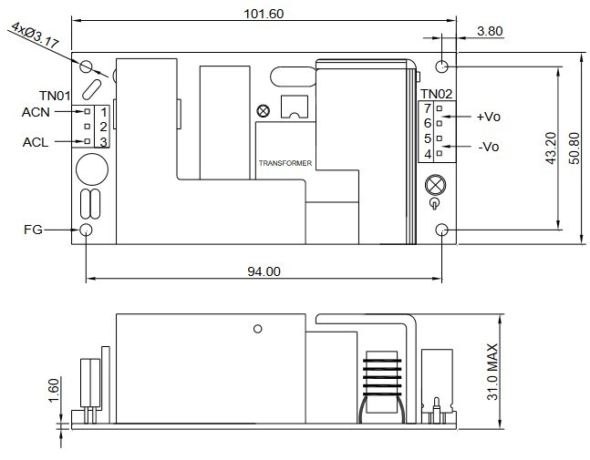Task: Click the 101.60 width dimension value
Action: click(x=264, y=14)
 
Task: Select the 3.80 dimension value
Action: click(x=490, y=31)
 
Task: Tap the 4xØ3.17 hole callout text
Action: click(x=35, y=36)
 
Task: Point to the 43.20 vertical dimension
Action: click(x=551, y=148)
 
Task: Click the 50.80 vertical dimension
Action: click(x=574, y=148)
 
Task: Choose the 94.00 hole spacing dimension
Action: click(x=264, y=271)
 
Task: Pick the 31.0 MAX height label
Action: click(x=492, y=372)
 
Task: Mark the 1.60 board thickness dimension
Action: click(x=54, y=390)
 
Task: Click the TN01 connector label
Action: click(x=55, y=96)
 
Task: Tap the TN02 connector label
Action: click(x=436, y=94)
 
